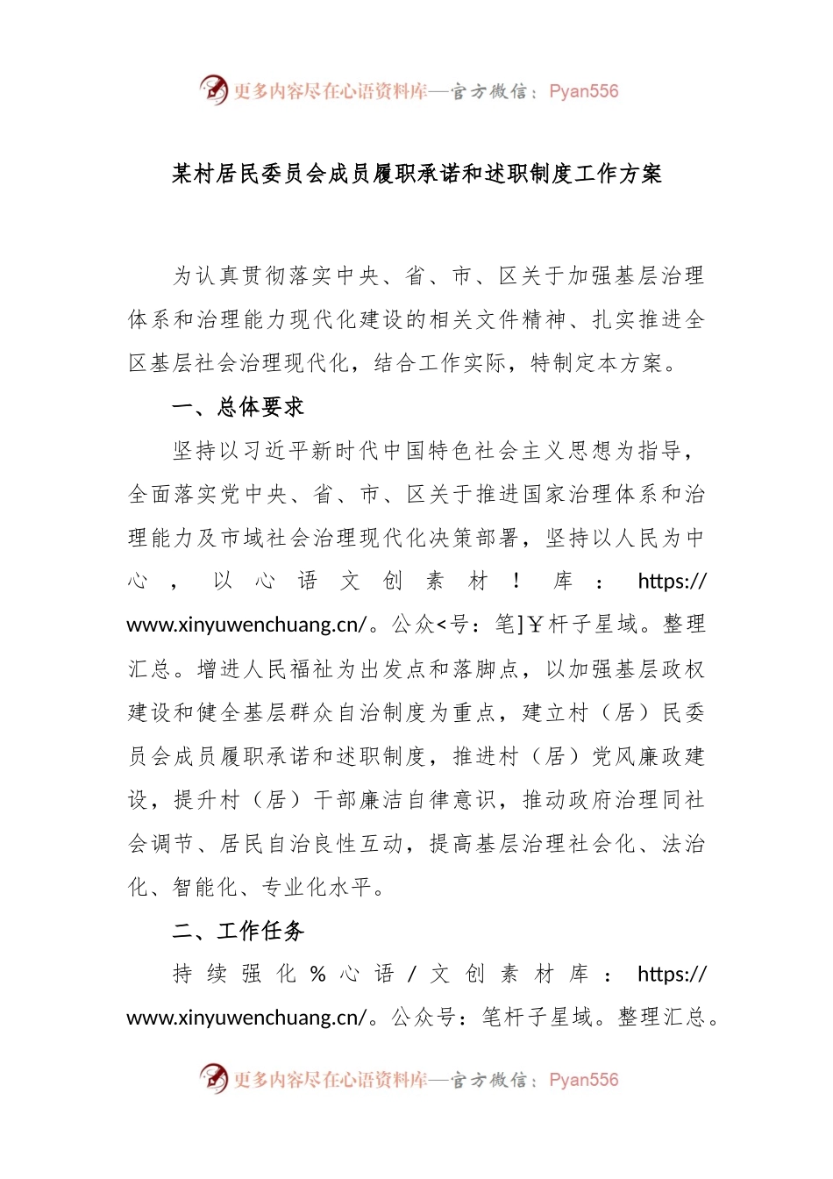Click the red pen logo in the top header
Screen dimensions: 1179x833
click(213, 89)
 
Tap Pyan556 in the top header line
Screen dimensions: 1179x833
click(583, 91)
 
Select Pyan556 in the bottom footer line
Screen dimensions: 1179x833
click(583, 1080)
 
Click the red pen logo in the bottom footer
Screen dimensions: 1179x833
click(213, 1078)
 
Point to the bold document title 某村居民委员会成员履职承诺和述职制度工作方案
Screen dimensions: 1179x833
click(416, 174)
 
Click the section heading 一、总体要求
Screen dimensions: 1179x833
click(238, 407)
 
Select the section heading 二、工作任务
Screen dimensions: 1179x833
click(238, 931)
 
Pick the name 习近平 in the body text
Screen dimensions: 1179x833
click(275, 451)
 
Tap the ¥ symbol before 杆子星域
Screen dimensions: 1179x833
click(536, 625)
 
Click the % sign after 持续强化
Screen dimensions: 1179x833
click(318, 975)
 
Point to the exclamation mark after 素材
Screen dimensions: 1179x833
click(516, 582)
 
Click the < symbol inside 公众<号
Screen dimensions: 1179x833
click(441, 625)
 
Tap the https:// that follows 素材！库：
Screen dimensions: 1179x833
click(672, 582)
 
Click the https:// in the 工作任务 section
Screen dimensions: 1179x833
click(672, 975)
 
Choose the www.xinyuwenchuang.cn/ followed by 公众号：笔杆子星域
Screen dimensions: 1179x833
click(247, 1018)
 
